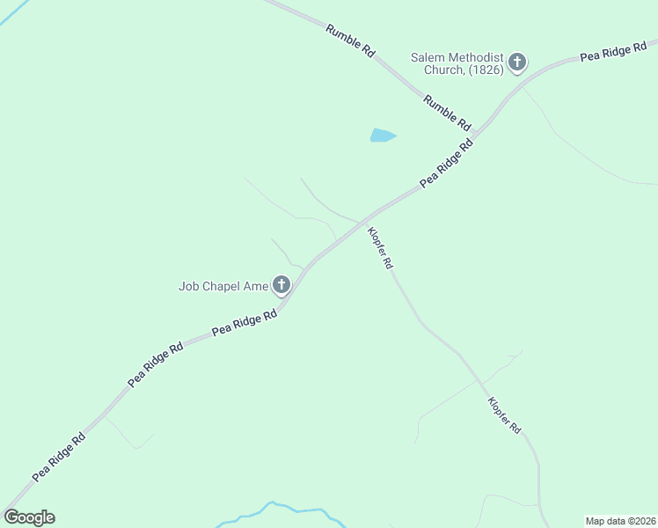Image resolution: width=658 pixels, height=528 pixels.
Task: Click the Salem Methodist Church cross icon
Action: pos(517,62)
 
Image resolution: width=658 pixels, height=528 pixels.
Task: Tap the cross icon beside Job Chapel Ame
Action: pos(281,284)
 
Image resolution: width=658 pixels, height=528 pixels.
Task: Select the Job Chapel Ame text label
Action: pos(223,285)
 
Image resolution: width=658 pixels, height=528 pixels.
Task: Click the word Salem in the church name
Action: pos(427,58)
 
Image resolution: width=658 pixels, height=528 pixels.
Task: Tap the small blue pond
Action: pos(382,136)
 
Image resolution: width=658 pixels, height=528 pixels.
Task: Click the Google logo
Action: pos(29,517)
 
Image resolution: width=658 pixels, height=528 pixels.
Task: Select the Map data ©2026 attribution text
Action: pos(621,521)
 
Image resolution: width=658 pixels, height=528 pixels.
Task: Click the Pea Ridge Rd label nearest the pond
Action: pos(447,161)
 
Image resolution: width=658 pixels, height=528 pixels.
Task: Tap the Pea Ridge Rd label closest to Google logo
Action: pos(59,457)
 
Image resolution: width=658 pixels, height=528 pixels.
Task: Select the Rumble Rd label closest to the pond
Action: pos(447,112)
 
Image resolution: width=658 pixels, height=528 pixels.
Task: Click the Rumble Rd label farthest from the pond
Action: pos(350,40)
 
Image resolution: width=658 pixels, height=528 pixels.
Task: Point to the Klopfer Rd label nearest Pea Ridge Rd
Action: pos(381,248)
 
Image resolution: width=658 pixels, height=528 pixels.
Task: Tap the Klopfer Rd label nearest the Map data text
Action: pos(505,414)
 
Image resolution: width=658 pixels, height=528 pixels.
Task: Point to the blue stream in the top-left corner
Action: pos(12,12)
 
